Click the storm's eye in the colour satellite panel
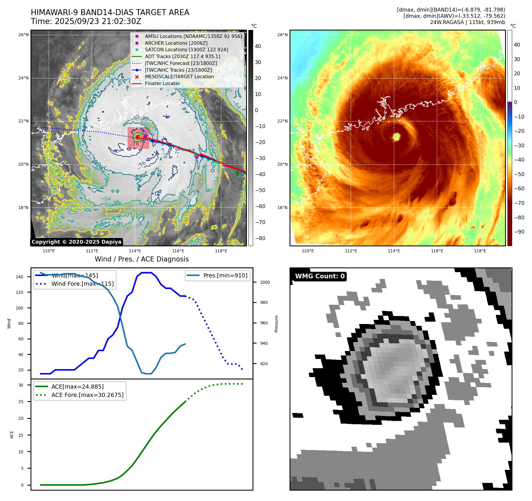396,137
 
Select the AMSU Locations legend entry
193,36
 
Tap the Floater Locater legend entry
162,83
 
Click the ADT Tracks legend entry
182,56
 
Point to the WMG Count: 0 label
320,276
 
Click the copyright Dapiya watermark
76,242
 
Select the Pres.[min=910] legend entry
225,275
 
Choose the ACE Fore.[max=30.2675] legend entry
87,395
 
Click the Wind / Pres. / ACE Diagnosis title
142,259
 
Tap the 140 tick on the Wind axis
20,277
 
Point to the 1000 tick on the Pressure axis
265,282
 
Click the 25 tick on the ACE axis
21,402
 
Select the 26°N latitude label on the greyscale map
23,35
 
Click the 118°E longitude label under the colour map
480,251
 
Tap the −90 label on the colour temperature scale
519,232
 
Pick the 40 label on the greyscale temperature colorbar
258,46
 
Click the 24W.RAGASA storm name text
447,22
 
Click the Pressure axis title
276,324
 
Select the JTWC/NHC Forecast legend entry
181,63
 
